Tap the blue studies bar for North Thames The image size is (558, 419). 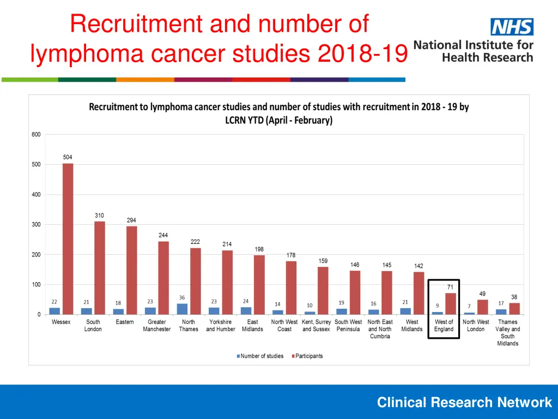coord(182,309)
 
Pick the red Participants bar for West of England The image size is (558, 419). coord(450,304)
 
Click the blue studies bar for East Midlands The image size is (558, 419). coord(246,310)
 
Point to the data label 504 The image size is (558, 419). coord(68,158)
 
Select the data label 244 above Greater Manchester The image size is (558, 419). coord(163,235)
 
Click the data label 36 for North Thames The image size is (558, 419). coord(182,298)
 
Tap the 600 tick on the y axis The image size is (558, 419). coord(35,135)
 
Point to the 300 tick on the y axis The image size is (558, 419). coord(35,225)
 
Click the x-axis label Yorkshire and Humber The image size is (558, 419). coord(221,326)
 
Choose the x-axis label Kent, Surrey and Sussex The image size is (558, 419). coord(316,326)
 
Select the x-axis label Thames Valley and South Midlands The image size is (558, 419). coord(508,333)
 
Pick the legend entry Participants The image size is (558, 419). coord(307,356)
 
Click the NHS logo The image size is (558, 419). coord(512,27)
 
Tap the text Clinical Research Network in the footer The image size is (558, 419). coord(464,403)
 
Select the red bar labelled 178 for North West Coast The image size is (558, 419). coord(291,288)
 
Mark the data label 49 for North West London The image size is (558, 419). coord(482,294)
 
